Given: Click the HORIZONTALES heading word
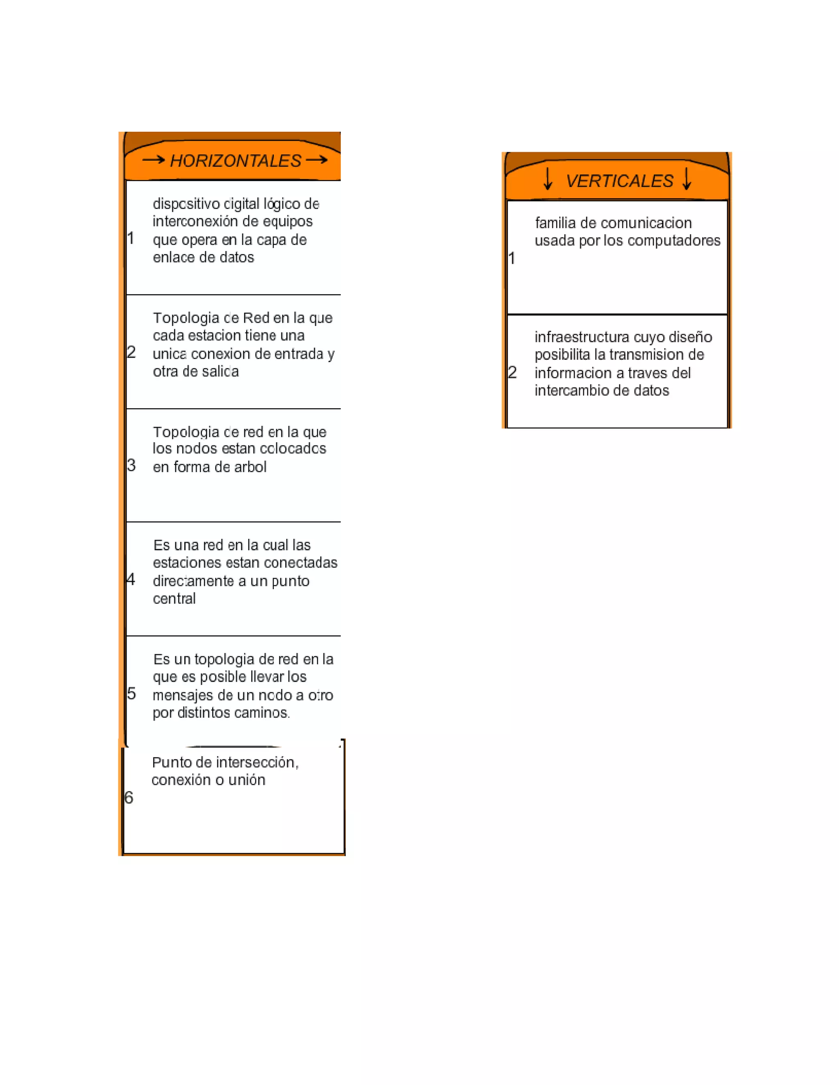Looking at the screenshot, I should (x=236, y=161).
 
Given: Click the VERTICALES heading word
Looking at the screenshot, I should (x=619, y=181).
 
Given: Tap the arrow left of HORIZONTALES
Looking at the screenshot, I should (x=153, y=159).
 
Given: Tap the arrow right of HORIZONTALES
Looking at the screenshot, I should (x=317, y=159).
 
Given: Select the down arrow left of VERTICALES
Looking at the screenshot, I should (x=548, y=179).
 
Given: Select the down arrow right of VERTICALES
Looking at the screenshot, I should (x=687, y=179).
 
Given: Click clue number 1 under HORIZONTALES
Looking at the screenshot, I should (x=131, y=238).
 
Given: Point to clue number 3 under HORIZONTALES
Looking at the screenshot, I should (x=131, y=466).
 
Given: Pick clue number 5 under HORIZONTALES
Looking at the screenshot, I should (x=131, y=693).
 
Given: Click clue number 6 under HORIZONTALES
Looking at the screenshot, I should (x=129, y=797).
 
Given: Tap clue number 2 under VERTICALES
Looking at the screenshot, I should (x=512, y=372).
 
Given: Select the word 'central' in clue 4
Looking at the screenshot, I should (x=174, y=599).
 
